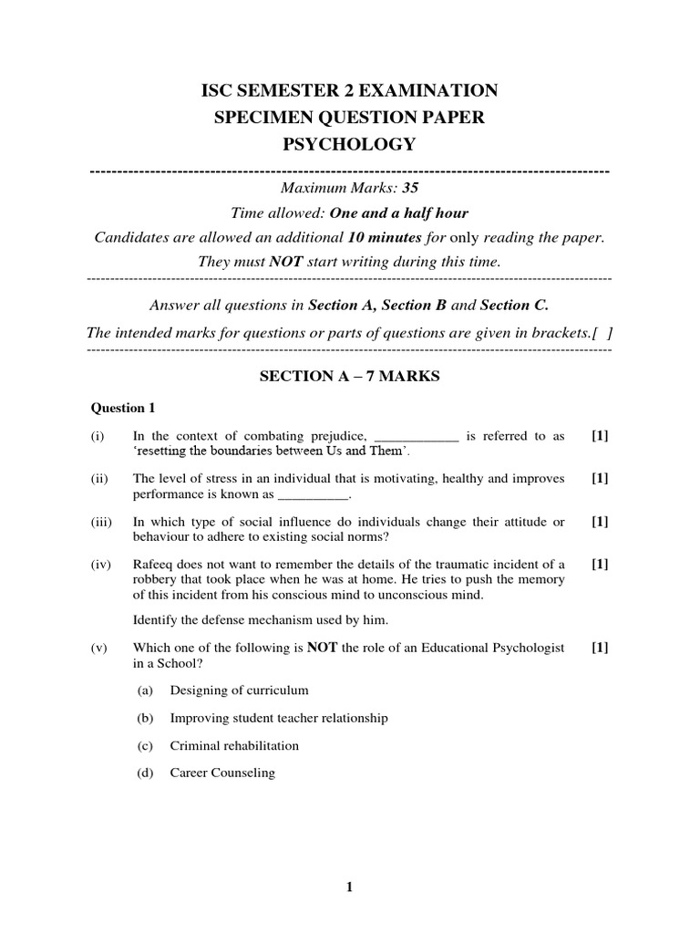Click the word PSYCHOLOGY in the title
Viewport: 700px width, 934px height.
tap(351, 144)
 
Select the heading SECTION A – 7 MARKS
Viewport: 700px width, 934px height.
tap(349, 377)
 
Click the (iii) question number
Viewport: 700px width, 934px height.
tap(100, 522)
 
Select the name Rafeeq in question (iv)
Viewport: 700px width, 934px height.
tap(153, 565)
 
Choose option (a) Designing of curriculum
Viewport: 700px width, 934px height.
tap(239, 690)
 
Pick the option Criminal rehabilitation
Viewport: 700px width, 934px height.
tap(234, 745)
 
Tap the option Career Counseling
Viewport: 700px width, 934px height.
tap(222, 773)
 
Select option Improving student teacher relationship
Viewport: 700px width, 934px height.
tap(279, 718)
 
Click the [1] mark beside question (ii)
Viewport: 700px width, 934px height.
tap(600, 479)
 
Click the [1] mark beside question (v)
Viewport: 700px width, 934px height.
tap(600, 648)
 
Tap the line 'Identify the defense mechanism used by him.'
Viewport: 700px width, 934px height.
tap(261, 620)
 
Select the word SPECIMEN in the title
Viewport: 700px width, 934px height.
tap(261, 117)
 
